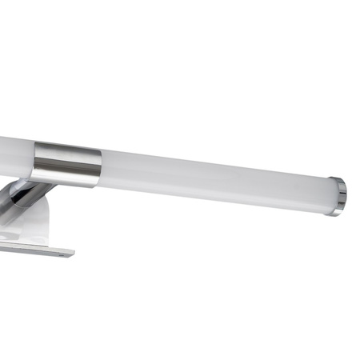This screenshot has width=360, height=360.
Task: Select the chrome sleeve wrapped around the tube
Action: tap(67, 164)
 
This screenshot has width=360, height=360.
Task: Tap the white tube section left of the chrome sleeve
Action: tap(14, 155)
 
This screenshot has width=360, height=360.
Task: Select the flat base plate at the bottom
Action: tap(32, 246)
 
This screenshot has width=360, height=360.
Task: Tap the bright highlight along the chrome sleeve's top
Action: tap(67, 146)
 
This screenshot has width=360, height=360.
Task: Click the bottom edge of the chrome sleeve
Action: tap(68, 184)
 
